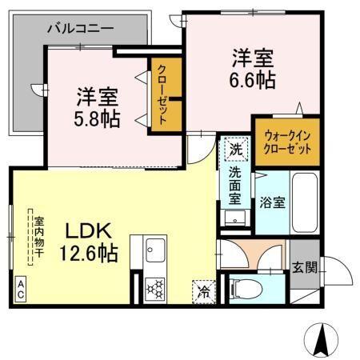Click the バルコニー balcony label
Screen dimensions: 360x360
tap(79, 29)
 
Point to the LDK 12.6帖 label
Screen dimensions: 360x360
tap(90, 242)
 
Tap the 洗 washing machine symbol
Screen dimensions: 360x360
tap(236, 149)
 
